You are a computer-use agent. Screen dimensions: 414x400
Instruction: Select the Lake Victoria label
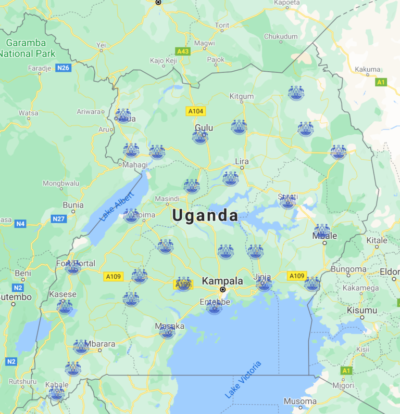[243, 379]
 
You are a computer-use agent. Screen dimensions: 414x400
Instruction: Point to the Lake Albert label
[117, 206]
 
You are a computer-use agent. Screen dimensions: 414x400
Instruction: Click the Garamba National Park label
[26, 48]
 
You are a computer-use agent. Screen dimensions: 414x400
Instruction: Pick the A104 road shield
[196, 111]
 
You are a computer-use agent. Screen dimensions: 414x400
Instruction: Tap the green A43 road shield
[183, 51]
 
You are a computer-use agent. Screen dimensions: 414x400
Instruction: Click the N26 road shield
[64, 68]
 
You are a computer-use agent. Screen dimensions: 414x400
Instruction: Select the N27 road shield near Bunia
[59, 218]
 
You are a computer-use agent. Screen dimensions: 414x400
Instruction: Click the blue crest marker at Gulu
[200, 136]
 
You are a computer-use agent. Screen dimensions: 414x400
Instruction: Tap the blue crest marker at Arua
[123, 116]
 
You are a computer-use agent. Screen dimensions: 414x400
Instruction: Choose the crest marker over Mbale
[322, 231]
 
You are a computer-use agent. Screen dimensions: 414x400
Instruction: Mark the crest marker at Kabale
[57, 393]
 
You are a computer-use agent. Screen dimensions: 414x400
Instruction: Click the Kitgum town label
[242, 96]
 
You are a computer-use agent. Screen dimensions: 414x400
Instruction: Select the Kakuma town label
[368, 69]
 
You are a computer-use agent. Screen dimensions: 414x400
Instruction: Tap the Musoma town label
[300, 402]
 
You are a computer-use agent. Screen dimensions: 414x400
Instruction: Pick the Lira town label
[242, 161]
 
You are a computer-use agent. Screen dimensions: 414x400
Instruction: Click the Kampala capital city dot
[222, 289]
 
